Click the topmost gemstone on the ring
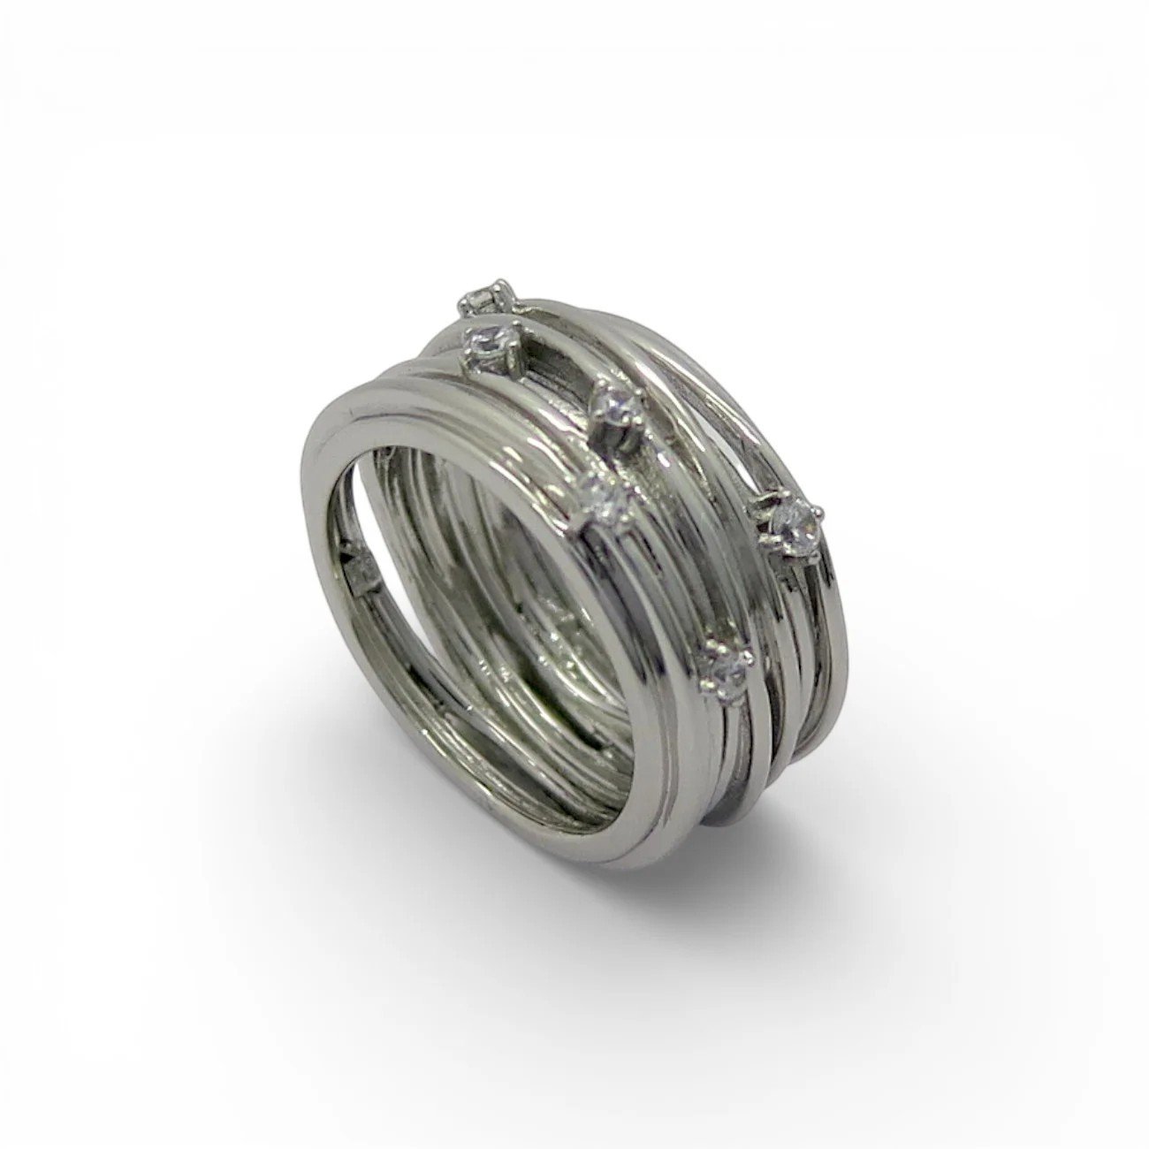482,300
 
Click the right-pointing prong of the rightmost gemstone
819,511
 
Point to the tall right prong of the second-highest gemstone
520,331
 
